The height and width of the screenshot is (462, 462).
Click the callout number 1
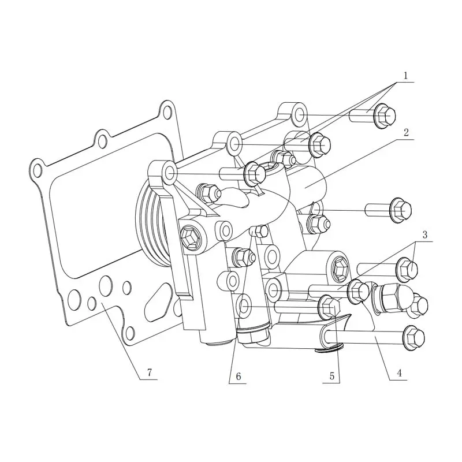pyautogui.click(x=405, y=75)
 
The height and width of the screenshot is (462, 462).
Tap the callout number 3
pyautogui.click(x=424, y=235)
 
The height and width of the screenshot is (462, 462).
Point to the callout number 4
pyautogui.click(x=398, y=374)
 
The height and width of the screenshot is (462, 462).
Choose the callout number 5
pyautogui.click(x=331, y=375)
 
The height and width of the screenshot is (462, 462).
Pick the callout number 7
pyautogui.click(x=149, y=373)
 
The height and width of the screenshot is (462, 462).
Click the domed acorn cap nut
pyautogui.click(x=398, y=295)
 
